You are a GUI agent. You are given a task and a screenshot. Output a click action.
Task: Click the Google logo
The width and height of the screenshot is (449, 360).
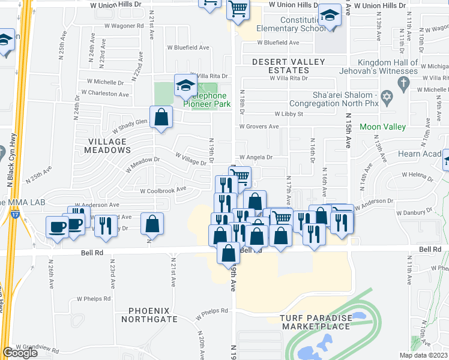coord(20,353)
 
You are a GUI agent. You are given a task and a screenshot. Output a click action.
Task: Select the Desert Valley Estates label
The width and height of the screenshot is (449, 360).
coord(288,66)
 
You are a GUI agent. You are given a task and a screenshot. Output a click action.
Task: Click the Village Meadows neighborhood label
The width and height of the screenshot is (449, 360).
coord(108,146)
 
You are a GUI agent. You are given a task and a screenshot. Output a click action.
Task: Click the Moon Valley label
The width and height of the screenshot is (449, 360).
coord(383,127)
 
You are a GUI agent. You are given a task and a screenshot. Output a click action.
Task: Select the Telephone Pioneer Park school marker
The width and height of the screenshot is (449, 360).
coord(184,85)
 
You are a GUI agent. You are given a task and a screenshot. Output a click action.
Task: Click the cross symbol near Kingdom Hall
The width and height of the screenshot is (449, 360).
coord(404,82)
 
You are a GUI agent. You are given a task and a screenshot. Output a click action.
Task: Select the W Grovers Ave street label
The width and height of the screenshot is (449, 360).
coord(259,127)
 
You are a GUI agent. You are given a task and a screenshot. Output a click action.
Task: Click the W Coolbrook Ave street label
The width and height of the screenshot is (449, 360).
coord(163,191)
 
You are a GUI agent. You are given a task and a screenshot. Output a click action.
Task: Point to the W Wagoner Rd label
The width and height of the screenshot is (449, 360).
coord(124,26)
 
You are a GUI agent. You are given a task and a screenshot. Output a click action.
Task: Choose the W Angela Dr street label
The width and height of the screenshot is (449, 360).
coord(256,157)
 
